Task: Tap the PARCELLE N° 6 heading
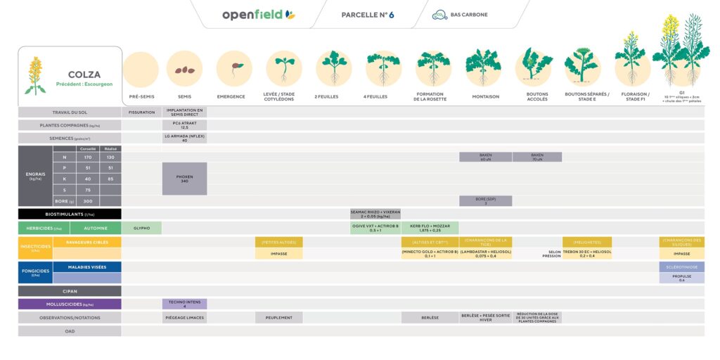[368, 15]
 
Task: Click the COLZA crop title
[84, 75]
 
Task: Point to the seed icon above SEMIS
[184, 69]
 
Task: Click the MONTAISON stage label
[485, 96]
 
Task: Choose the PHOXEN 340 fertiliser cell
[184, 179]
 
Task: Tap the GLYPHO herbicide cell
[141, 228]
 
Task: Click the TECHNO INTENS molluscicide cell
[184, 304]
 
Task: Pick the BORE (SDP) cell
[485, 201]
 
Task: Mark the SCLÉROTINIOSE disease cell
[681, 267]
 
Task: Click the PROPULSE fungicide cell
[681, 278]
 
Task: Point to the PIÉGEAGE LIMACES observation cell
[184, 317]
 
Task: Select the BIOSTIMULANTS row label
[70, 214]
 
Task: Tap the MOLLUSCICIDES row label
[70, 304]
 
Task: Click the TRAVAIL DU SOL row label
[70, 112]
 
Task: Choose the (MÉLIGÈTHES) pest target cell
[586, 242]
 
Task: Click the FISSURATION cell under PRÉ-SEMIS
[141, 112]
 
